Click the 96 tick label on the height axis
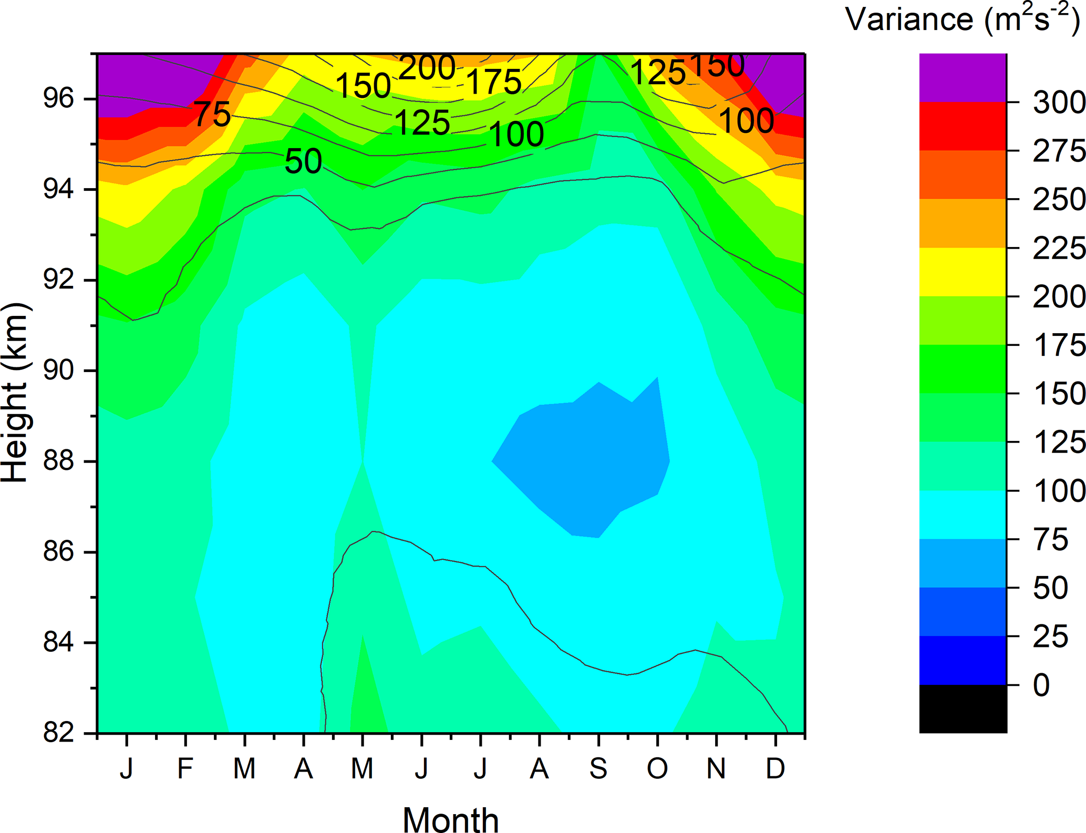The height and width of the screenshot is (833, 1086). coord(58,99)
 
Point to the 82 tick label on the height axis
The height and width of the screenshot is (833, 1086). coord(58,733)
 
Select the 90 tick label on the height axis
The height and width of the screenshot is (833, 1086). coord(58,371)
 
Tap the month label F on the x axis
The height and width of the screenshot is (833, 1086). coord(185,768)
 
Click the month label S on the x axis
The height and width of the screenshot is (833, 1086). coord(598,768)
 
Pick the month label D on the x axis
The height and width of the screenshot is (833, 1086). coord(775,768)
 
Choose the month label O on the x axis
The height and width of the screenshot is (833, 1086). coord(657,768)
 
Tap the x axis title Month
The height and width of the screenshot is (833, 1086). coord(451,819)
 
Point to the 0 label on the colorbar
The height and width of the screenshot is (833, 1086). coord(1041,685)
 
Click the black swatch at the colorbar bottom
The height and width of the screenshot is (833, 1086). coord(963,708)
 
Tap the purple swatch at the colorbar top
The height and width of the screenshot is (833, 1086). coord(963,77)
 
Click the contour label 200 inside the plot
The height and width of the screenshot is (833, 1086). coord(427,68)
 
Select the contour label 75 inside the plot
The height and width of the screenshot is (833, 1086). coord(212,114)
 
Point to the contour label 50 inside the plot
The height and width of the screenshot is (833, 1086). coord(303,161)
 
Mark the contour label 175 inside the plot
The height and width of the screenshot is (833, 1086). coord(494,82)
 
